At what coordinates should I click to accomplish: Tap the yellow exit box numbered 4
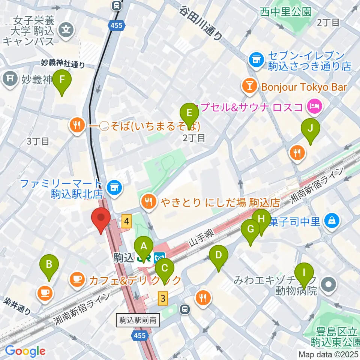[x=127, y=222]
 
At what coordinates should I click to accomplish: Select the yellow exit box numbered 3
[x=162, y=298]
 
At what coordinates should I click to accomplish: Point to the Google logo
[x=25, y=351]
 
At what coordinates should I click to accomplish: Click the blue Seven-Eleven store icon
[x=256, y=59]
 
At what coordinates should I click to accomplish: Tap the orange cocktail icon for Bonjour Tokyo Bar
[x=249, y=87]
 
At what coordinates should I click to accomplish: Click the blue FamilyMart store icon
[x=114, y=187]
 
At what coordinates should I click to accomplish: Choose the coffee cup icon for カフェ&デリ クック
[x=77, y=279]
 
